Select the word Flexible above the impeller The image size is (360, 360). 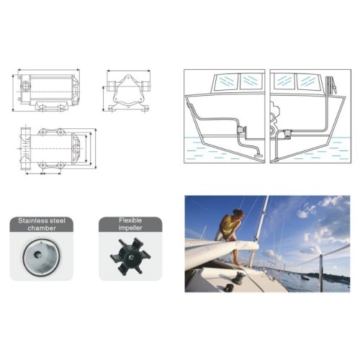coord(130,222)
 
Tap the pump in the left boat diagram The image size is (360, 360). coord(237,130)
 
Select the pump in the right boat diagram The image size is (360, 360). coord(285,132)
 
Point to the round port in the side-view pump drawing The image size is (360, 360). coord(26,88)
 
